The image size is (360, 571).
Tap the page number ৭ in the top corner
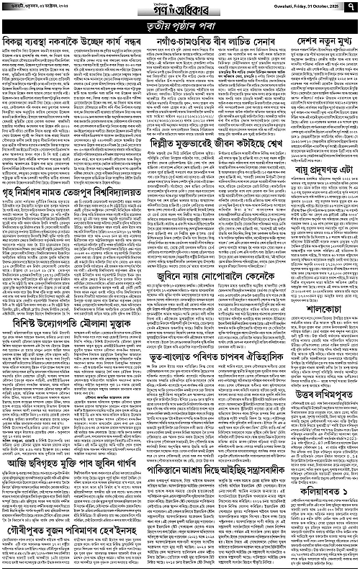pyautogui.click(x=350, y=6)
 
